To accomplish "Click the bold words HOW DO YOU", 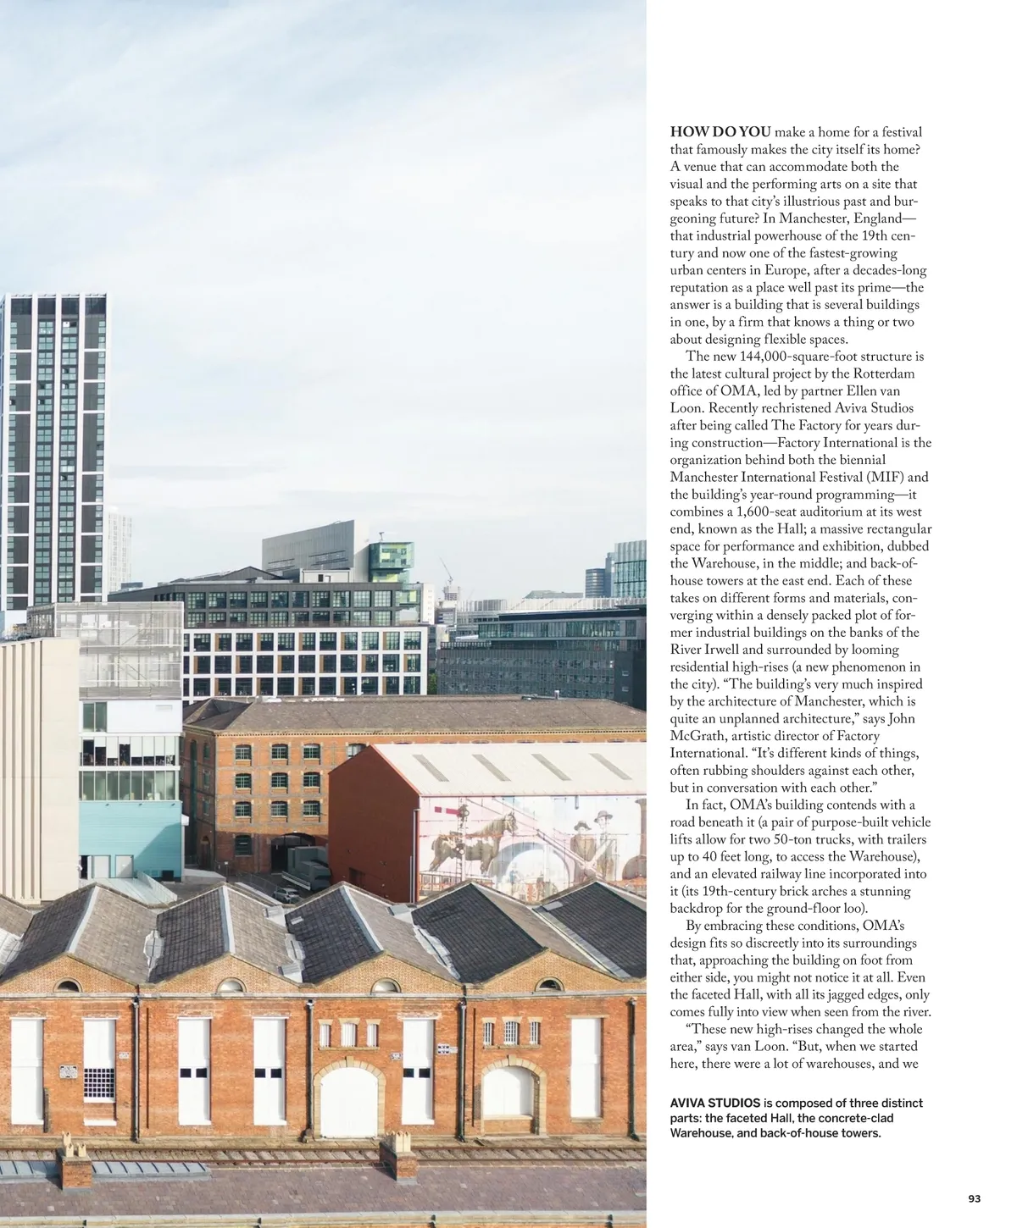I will (x=720, y=132).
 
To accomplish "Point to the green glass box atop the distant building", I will (x=392, y=559).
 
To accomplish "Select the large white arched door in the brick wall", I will (x=348, y=1101).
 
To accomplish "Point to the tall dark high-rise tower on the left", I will (x=53, y=449).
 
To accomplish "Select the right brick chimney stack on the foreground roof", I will (x=397, y=1153).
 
